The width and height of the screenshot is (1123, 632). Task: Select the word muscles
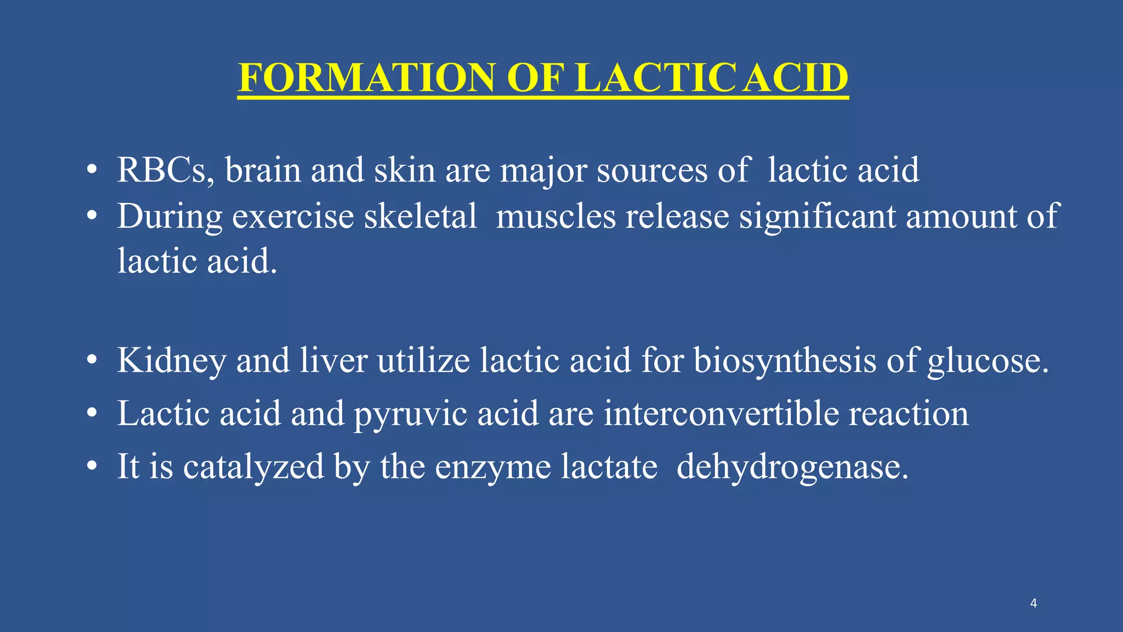[x=555, y=216]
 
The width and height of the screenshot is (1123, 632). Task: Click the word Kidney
[x=172, y=361]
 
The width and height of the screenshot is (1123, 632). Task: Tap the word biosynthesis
[x=785, y=361]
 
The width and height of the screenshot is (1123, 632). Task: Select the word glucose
[x=987, y=361]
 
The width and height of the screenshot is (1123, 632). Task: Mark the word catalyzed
[x=253, y=467]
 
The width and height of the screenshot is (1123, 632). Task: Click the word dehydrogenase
[x=792, y=467]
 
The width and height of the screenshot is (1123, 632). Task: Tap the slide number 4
[x=1034, y=603]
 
